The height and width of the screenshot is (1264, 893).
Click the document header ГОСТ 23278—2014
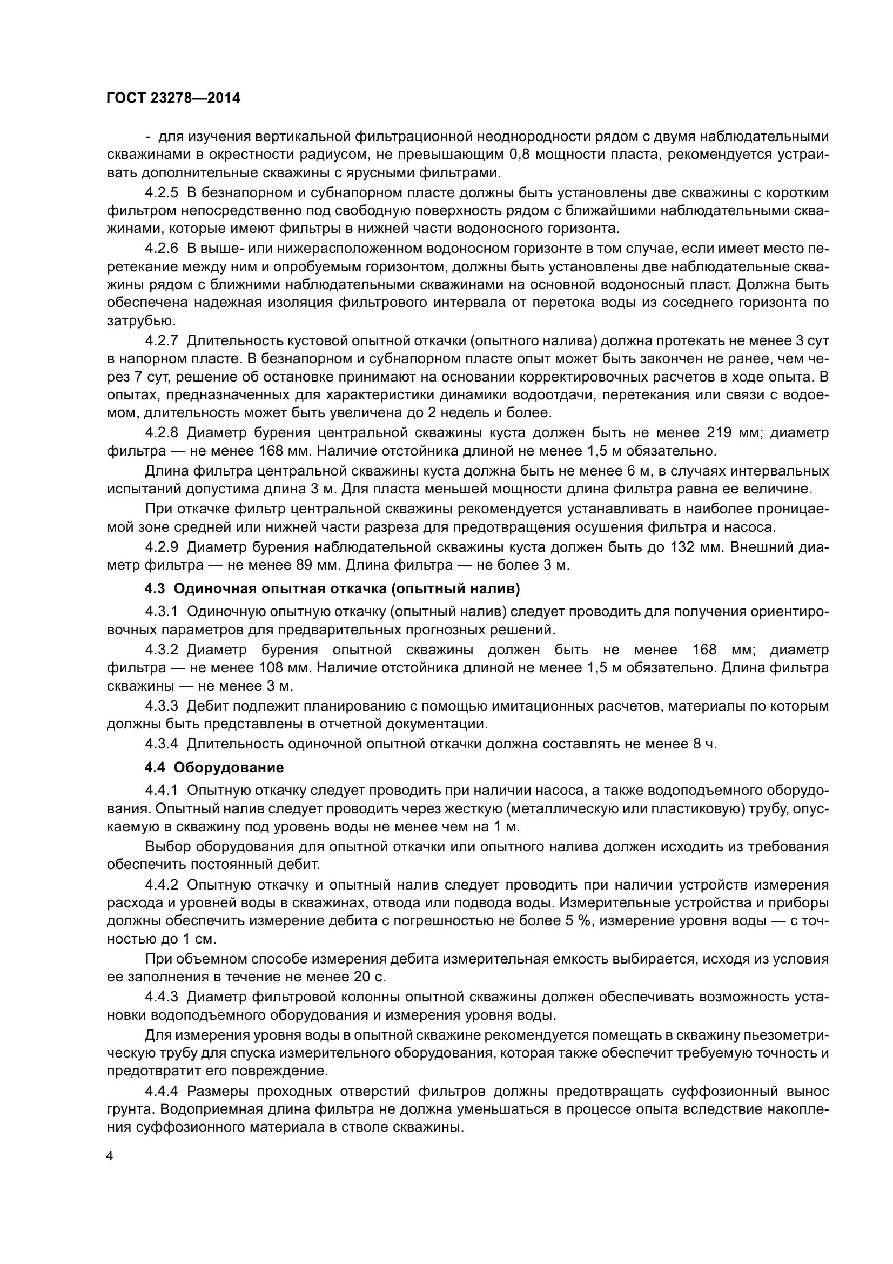click(173, 98)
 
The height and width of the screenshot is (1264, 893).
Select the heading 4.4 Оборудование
click(214, 767)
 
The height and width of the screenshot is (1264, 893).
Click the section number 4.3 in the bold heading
click(155, 588)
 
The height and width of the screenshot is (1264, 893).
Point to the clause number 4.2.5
click(162, 193)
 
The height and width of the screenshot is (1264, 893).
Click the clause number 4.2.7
click(162, 341)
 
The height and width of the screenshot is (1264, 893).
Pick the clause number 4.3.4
click(162, 744)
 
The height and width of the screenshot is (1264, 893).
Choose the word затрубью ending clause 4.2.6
click(133, 320)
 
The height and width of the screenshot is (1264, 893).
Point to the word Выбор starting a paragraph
click(167, 846)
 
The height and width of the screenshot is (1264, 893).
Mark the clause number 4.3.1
click(162, 612)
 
